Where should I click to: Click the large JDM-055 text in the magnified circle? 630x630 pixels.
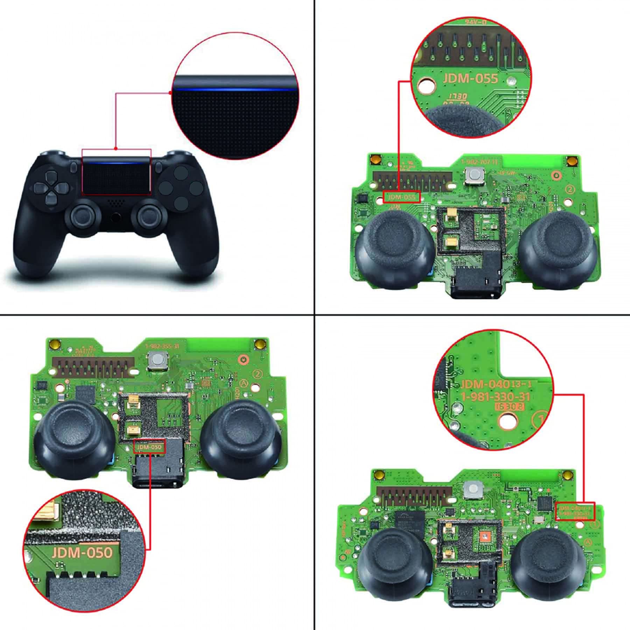pyautogui.click(x=470, y=78)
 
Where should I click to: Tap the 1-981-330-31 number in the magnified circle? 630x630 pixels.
pyautogui.click(x=495, y=397)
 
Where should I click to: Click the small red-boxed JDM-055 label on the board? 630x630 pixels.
pyautogui.click(x=401, y=197)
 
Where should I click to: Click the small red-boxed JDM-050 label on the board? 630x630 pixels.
pyautogui.click(x=149, y=447)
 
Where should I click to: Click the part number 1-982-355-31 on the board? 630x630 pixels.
pyautogui.click(x=162, y=346)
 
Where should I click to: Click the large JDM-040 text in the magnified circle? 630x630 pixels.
pyautogui.click(x=484, y=385)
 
